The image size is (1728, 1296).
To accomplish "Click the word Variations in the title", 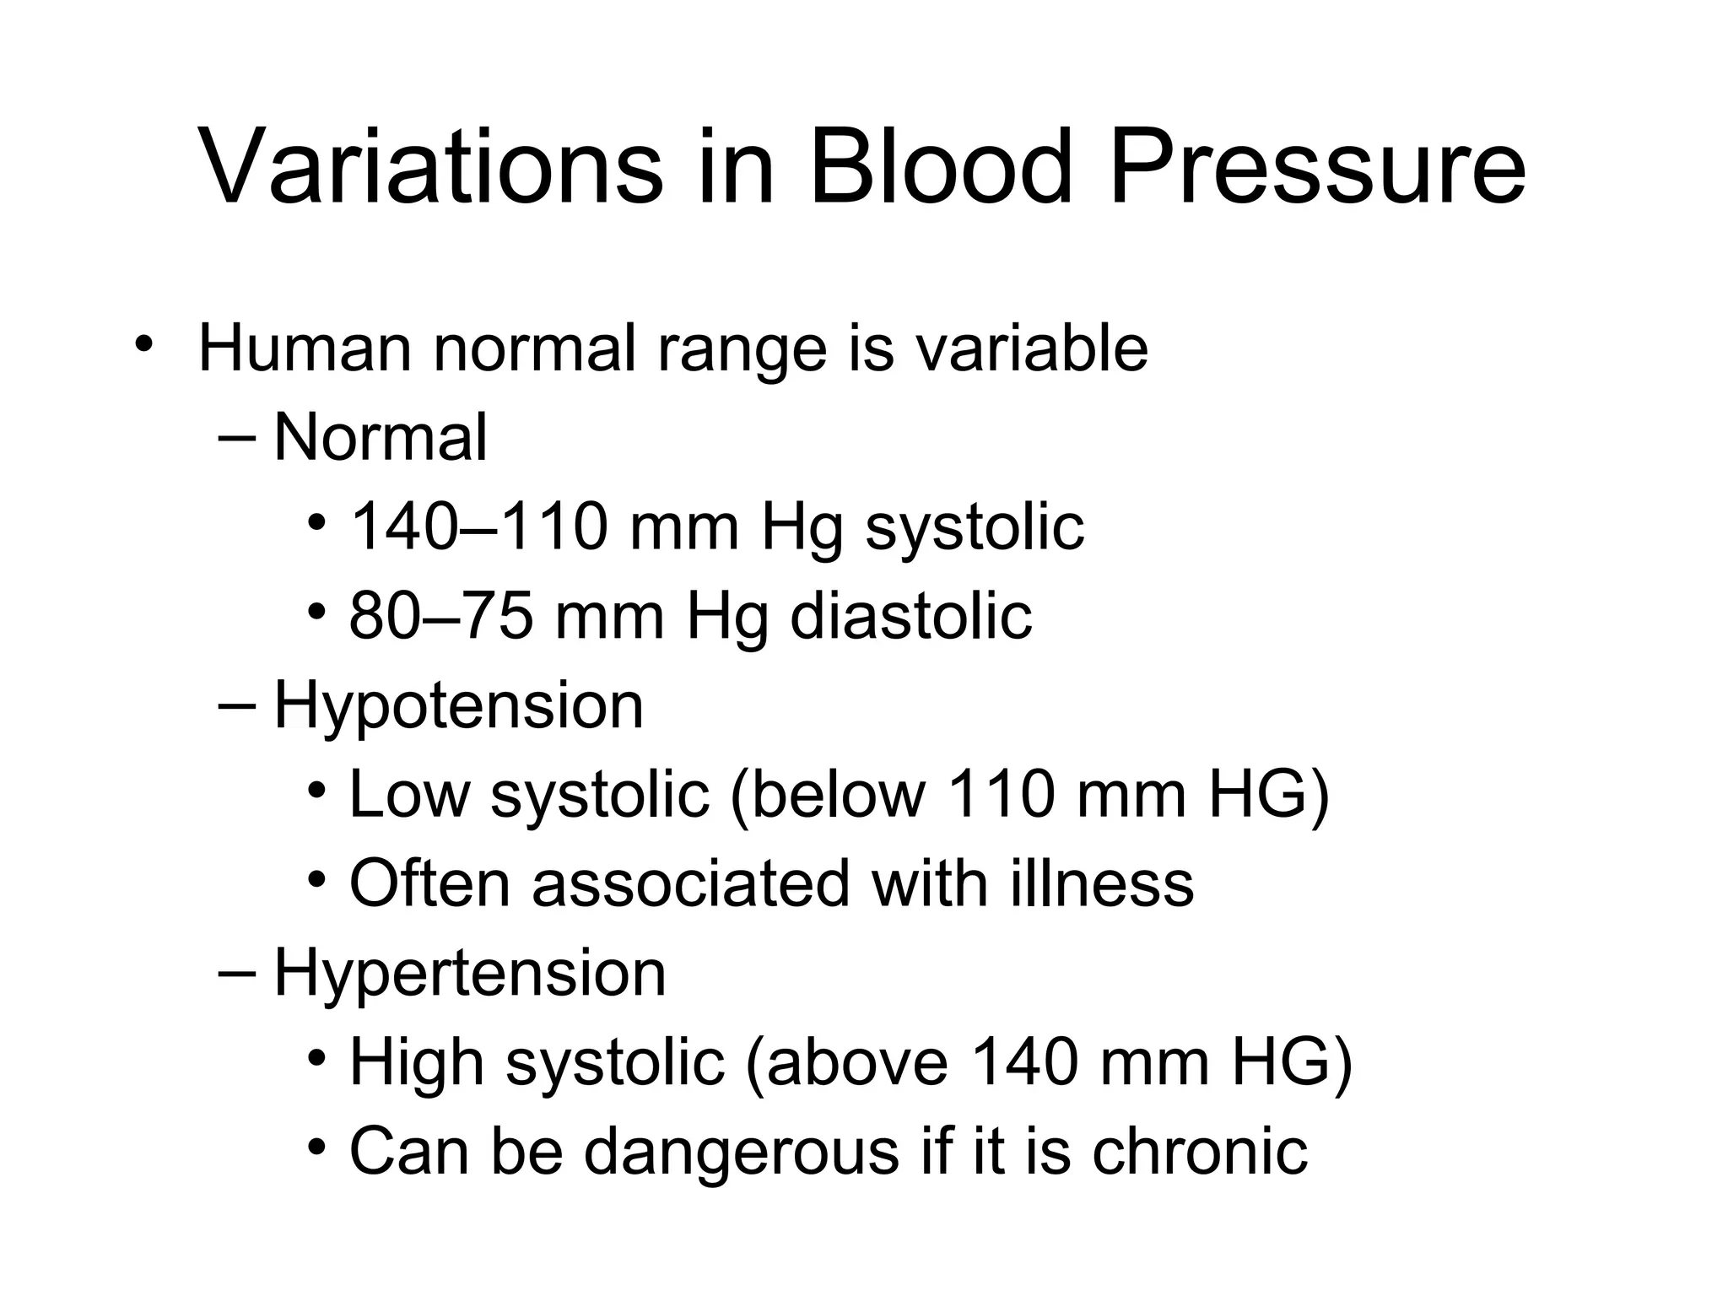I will tap(431, 166).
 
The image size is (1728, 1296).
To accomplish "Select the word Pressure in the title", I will tap(1317, 166).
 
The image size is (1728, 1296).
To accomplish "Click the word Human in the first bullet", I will tap(305, 348).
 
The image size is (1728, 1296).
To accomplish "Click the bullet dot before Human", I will tap(144, 345).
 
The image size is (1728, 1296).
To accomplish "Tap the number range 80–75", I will tap(441, 616).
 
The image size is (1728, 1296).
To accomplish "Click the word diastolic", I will tap(910, 616).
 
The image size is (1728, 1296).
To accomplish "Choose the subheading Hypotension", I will tap(458, 705).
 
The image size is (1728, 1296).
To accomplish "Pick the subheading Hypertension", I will tap(470, 973).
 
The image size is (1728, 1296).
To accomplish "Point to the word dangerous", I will tap(742, 1151).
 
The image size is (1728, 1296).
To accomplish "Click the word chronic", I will tap(1200, 1151).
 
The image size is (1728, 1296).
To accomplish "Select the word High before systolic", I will tap(417, 1062).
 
